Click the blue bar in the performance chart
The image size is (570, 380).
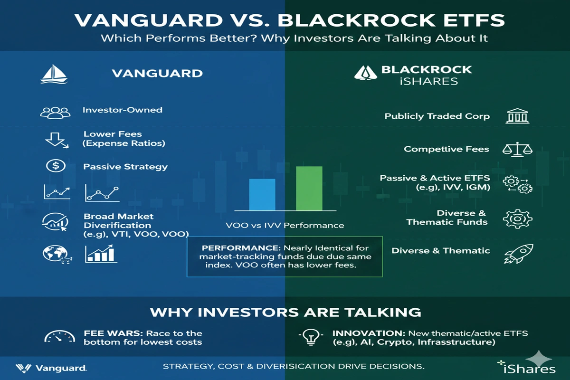click(x=262, y=194)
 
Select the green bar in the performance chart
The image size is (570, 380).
click(x=309, y=188)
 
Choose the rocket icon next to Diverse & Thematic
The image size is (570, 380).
click(x=518, y=253)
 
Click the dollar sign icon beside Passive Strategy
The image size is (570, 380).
click(x=55, y=166)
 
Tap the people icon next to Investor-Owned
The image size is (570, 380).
click(x=55, y=112)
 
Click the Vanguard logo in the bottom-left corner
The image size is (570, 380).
click(x=51, y=368)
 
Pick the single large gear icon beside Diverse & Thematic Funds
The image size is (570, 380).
click(x=517, y=218)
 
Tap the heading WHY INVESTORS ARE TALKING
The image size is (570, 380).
click(x=285, y=312)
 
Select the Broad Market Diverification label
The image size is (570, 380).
click(x=117, y=220)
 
